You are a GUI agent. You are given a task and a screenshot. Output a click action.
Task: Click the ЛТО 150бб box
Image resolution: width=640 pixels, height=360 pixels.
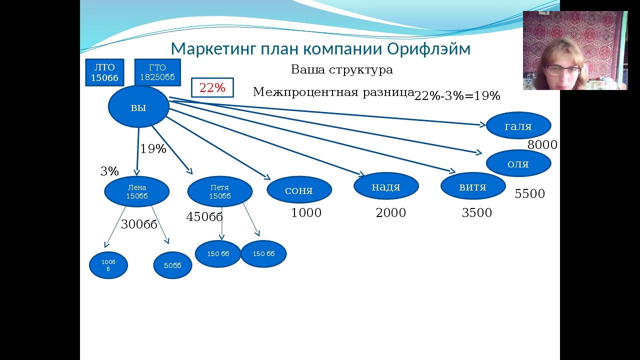coord(104,72)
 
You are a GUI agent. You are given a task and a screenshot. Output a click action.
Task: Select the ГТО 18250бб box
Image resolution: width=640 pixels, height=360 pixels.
coord(157,72)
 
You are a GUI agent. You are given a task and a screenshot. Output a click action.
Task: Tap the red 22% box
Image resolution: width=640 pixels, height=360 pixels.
coord(212,87)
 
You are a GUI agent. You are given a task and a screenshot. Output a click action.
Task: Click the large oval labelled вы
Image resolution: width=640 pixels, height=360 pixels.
coord(138,106)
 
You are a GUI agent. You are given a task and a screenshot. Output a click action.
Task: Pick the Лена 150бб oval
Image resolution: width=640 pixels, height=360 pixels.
coord(137,191)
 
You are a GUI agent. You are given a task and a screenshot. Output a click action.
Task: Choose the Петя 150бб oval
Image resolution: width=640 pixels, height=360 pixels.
coord(220,191)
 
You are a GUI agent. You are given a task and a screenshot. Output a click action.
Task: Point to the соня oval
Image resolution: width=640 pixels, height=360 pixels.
coord(299,190)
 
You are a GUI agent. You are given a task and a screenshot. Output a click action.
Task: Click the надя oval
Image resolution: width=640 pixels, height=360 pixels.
coord(386,186)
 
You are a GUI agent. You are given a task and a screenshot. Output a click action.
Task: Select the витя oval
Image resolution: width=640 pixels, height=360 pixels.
coord(473,186)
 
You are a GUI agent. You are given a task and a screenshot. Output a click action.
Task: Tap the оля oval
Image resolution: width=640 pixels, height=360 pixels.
coord(518,163)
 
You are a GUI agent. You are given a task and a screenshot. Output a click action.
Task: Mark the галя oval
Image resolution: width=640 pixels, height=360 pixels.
coord(518,125)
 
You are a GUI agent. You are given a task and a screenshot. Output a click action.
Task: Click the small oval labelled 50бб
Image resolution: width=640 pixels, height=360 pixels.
coord(172,265)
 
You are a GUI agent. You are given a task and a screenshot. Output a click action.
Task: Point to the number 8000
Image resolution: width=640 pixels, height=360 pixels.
coord(542,145)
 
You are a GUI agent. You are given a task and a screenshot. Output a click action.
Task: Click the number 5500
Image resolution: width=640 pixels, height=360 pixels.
coord(529,193)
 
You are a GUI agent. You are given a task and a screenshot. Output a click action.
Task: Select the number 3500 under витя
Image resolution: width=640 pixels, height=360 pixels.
coord(477,212)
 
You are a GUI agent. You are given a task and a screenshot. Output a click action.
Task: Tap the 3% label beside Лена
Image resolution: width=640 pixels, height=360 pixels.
coord(109,171)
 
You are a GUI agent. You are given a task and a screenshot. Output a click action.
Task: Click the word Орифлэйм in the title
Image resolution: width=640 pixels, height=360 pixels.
coord(429,49)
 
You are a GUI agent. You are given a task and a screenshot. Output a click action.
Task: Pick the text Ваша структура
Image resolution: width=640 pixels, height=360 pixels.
coord(342,69)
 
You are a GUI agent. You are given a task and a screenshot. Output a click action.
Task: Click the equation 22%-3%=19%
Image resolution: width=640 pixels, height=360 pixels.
coord(457,95)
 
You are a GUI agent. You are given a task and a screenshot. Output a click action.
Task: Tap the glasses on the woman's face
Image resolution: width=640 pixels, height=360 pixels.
coord(563,69)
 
